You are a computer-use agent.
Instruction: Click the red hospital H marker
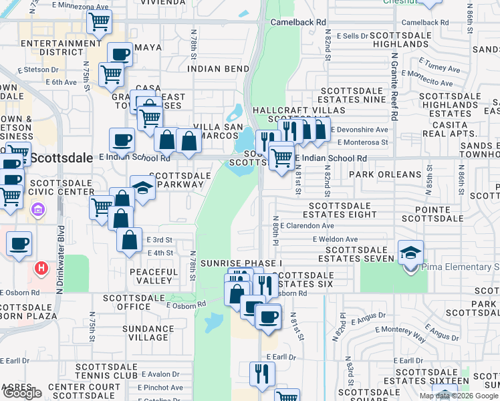[x=41, y=269]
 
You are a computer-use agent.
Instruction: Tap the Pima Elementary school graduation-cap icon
[x=410, y=252]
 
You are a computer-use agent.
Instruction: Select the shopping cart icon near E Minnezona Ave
[x=100, y=22]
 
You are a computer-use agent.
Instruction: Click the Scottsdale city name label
[x=61, y=158]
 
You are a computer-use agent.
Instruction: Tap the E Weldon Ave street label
[x=335, y=239]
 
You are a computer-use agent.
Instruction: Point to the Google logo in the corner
[x=22, y=393]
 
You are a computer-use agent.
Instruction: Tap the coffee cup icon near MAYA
[x=120, y=55]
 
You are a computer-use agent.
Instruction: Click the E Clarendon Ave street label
[x=307, y=226]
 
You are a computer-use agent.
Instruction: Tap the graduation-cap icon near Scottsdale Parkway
[x=143, y=188]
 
